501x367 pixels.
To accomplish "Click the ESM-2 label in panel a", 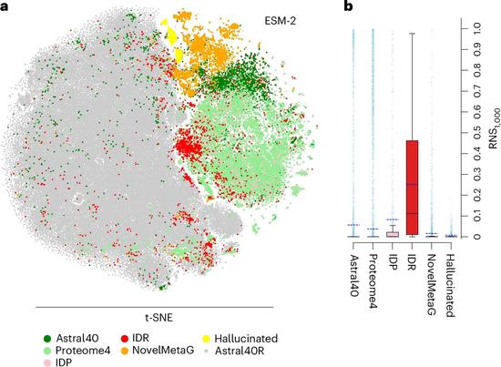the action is click(x=281, y=21).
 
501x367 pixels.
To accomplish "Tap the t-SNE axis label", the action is click(x=158, y=318).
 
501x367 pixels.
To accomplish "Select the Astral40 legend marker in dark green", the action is click(x=47, y=338).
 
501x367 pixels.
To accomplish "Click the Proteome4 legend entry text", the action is click(x=83, y=351).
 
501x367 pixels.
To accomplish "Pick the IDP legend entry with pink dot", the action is click(x=57, y=362).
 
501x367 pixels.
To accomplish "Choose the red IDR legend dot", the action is click(x=125, y=338).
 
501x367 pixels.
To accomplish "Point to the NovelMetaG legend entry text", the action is click(x=163, y=350).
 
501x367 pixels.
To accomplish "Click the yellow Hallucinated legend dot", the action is click(x=207, y=338).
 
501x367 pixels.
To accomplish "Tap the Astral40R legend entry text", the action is click(x=240, y=351).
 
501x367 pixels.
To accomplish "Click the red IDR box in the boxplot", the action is click(x=412, y=188).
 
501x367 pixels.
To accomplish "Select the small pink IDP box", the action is click(x=393, y=234).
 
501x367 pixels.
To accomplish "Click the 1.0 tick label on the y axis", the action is click(x=477, y=29).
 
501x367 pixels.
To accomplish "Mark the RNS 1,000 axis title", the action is click(x=494, y=127).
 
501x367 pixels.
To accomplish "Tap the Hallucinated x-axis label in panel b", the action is click(x=450, y=285).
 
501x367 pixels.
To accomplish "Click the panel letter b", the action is click(x=348, y=5).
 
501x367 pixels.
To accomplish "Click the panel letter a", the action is click(x=4, y=6).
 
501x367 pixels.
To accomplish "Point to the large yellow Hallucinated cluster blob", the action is click(x=172, y=36).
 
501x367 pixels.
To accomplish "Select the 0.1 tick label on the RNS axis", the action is click(x=477, y=216).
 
